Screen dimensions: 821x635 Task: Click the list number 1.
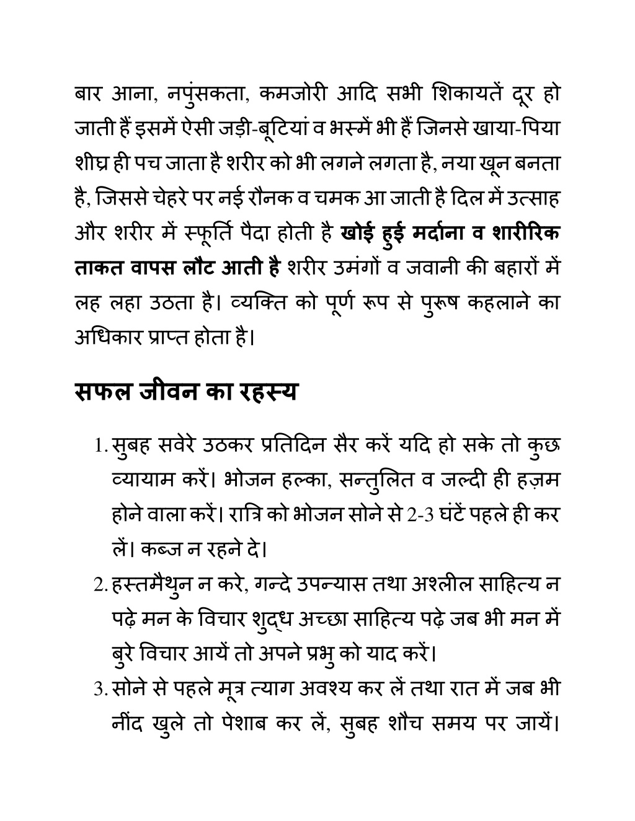98,446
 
